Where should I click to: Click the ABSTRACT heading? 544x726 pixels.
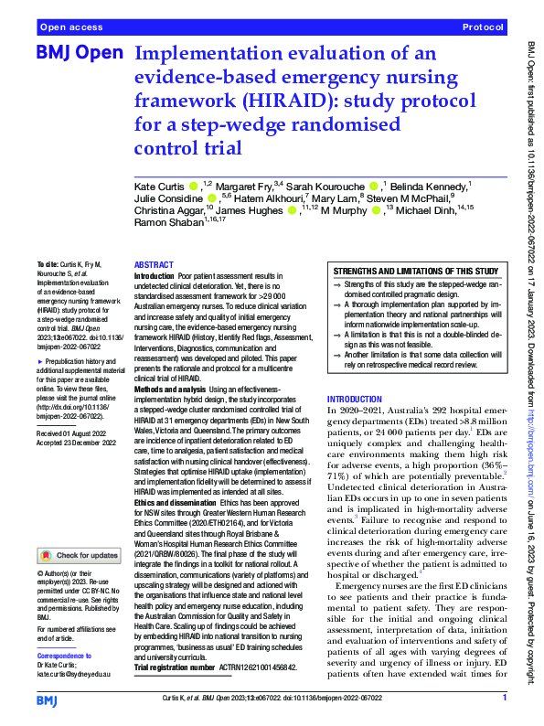coord(155,263)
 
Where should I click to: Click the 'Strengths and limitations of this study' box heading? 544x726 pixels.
coord(415,272)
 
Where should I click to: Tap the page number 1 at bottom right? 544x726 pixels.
coord(505,699)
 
